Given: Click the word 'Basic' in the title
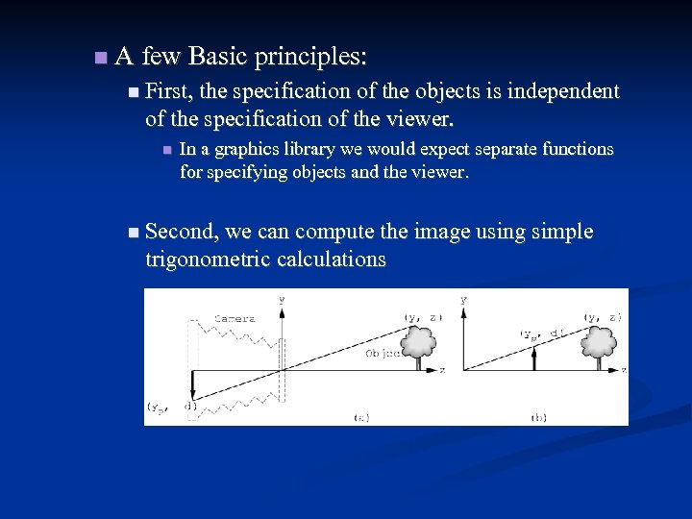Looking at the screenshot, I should click(218, 57).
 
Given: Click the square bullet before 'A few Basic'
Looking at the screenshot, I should click(102, 59).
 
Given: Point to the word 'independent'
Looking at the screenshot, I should click(562, 91).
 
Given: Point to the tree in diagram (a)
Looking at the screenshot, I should click(419, 344).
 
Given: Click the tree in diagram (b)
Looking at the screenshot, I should click(601, 344).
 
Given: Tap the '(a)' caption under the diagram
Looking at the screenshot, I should click(361, 417).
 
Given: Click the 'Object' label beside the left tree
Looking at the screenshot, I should click(383, 354).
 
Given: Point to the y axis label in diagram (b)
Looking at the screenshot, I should click(464, 299).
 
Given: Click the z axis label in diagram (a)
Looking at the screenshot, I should click(443, 369).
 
